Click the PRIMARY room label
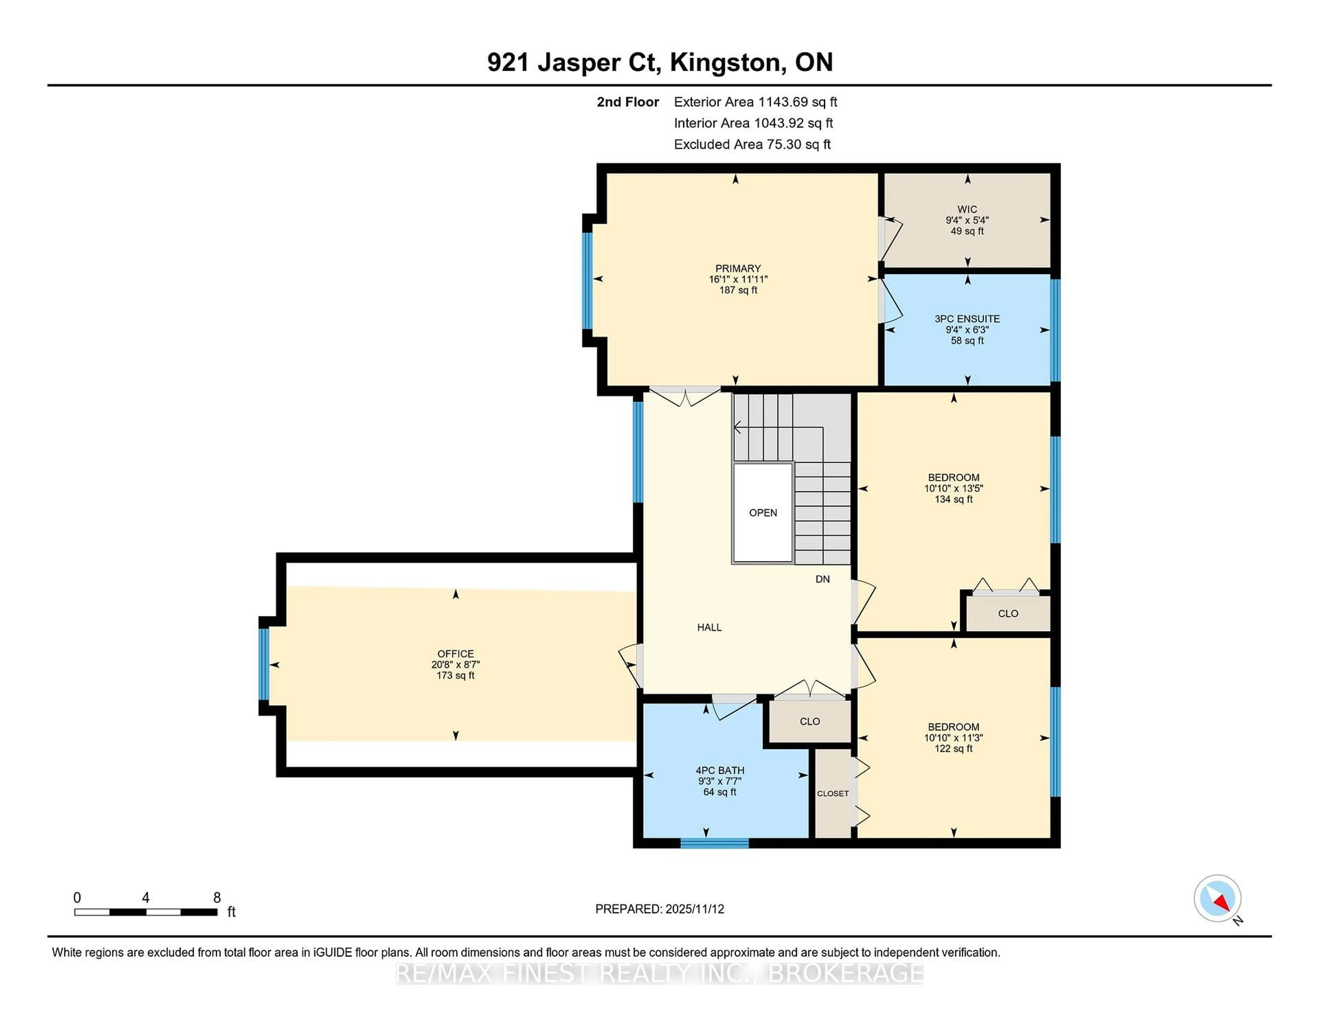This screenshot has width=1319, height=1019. point(737,268)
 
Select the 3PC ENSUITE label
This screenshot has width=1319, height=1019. point(967,319)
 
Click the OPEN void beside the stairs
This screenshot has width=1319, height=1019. point(763,513)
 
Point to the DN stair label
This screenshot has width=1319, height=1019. point(823,579)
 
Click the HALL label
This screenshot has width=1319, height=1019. point(709,627)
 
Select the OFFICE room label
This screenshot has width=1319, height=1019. point(455,654)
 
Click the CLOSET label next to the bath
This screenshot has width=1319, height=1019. point(833,793)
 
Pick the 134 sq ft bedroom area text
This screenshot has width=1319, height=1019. point(954,499)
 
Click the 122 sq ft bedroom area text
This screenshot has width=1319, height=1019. point(954,748)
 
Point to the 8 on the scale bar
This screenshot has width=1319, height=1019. point(217,898)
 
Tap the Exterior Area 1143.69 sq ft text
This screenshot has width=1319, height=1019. point(756,102)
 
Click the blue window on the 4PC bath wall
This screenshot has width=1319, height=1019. point(714,843)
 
